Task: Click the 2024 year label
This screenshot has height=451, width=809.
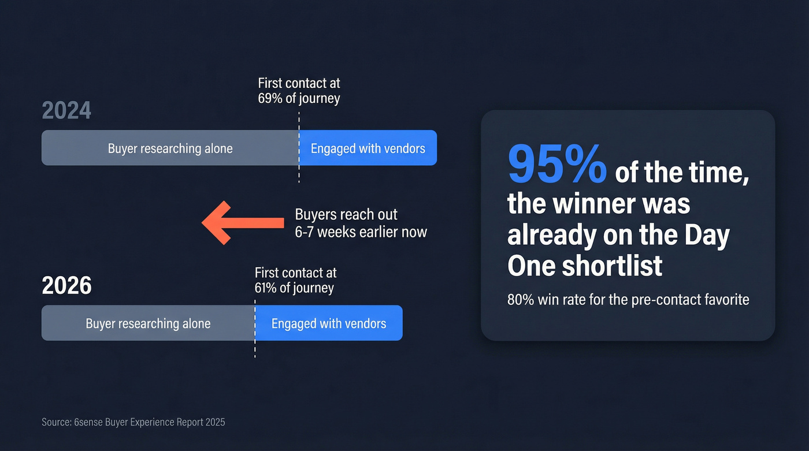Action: click(x=66, y=110)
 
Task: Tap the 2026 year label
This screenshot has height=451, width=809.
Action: click(x=66, y=285)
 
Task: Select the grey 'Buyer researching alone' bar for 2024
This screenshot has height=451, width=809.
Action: click(x=170, y=148)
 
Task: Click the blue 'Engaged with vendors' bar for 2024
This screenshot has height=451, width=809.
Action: click(x=368, y=148)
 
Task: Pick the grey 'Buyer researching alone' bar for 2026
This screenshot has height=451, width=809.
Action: click(x=148, y=323)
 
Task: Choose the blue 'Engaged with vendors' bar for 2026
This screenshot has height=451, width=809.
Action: click(x=329, y=323)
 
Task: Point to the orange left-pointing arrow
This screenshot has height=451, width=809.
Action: click(x=242, y=222)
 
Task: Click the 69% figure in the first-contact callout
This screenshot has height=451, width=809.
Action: click(x=270, y=98)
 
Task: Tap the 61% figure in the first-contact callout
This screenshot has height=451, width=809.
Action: click(x=266, y=288)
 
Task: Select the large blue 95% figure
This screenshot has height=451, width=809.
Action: click(x=557, y=165)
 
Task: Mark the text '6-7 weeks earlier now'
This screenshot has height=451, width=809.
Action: click(x=361, y=232)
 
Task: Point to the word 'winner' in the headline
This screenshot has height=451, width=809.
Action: click(x=613, y=204)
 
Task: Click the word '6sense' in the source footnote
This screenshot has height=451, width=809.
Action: click(x=89, y=422)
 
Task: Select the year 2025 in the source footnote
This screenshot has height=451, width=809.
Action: click(x=214, y=422)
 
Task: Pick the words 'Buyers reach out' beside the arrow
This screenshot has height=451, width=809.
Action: click(x=346, y=214)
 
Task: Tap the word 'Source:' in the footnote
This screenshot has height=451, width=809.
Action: click(x=56, y=422)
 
